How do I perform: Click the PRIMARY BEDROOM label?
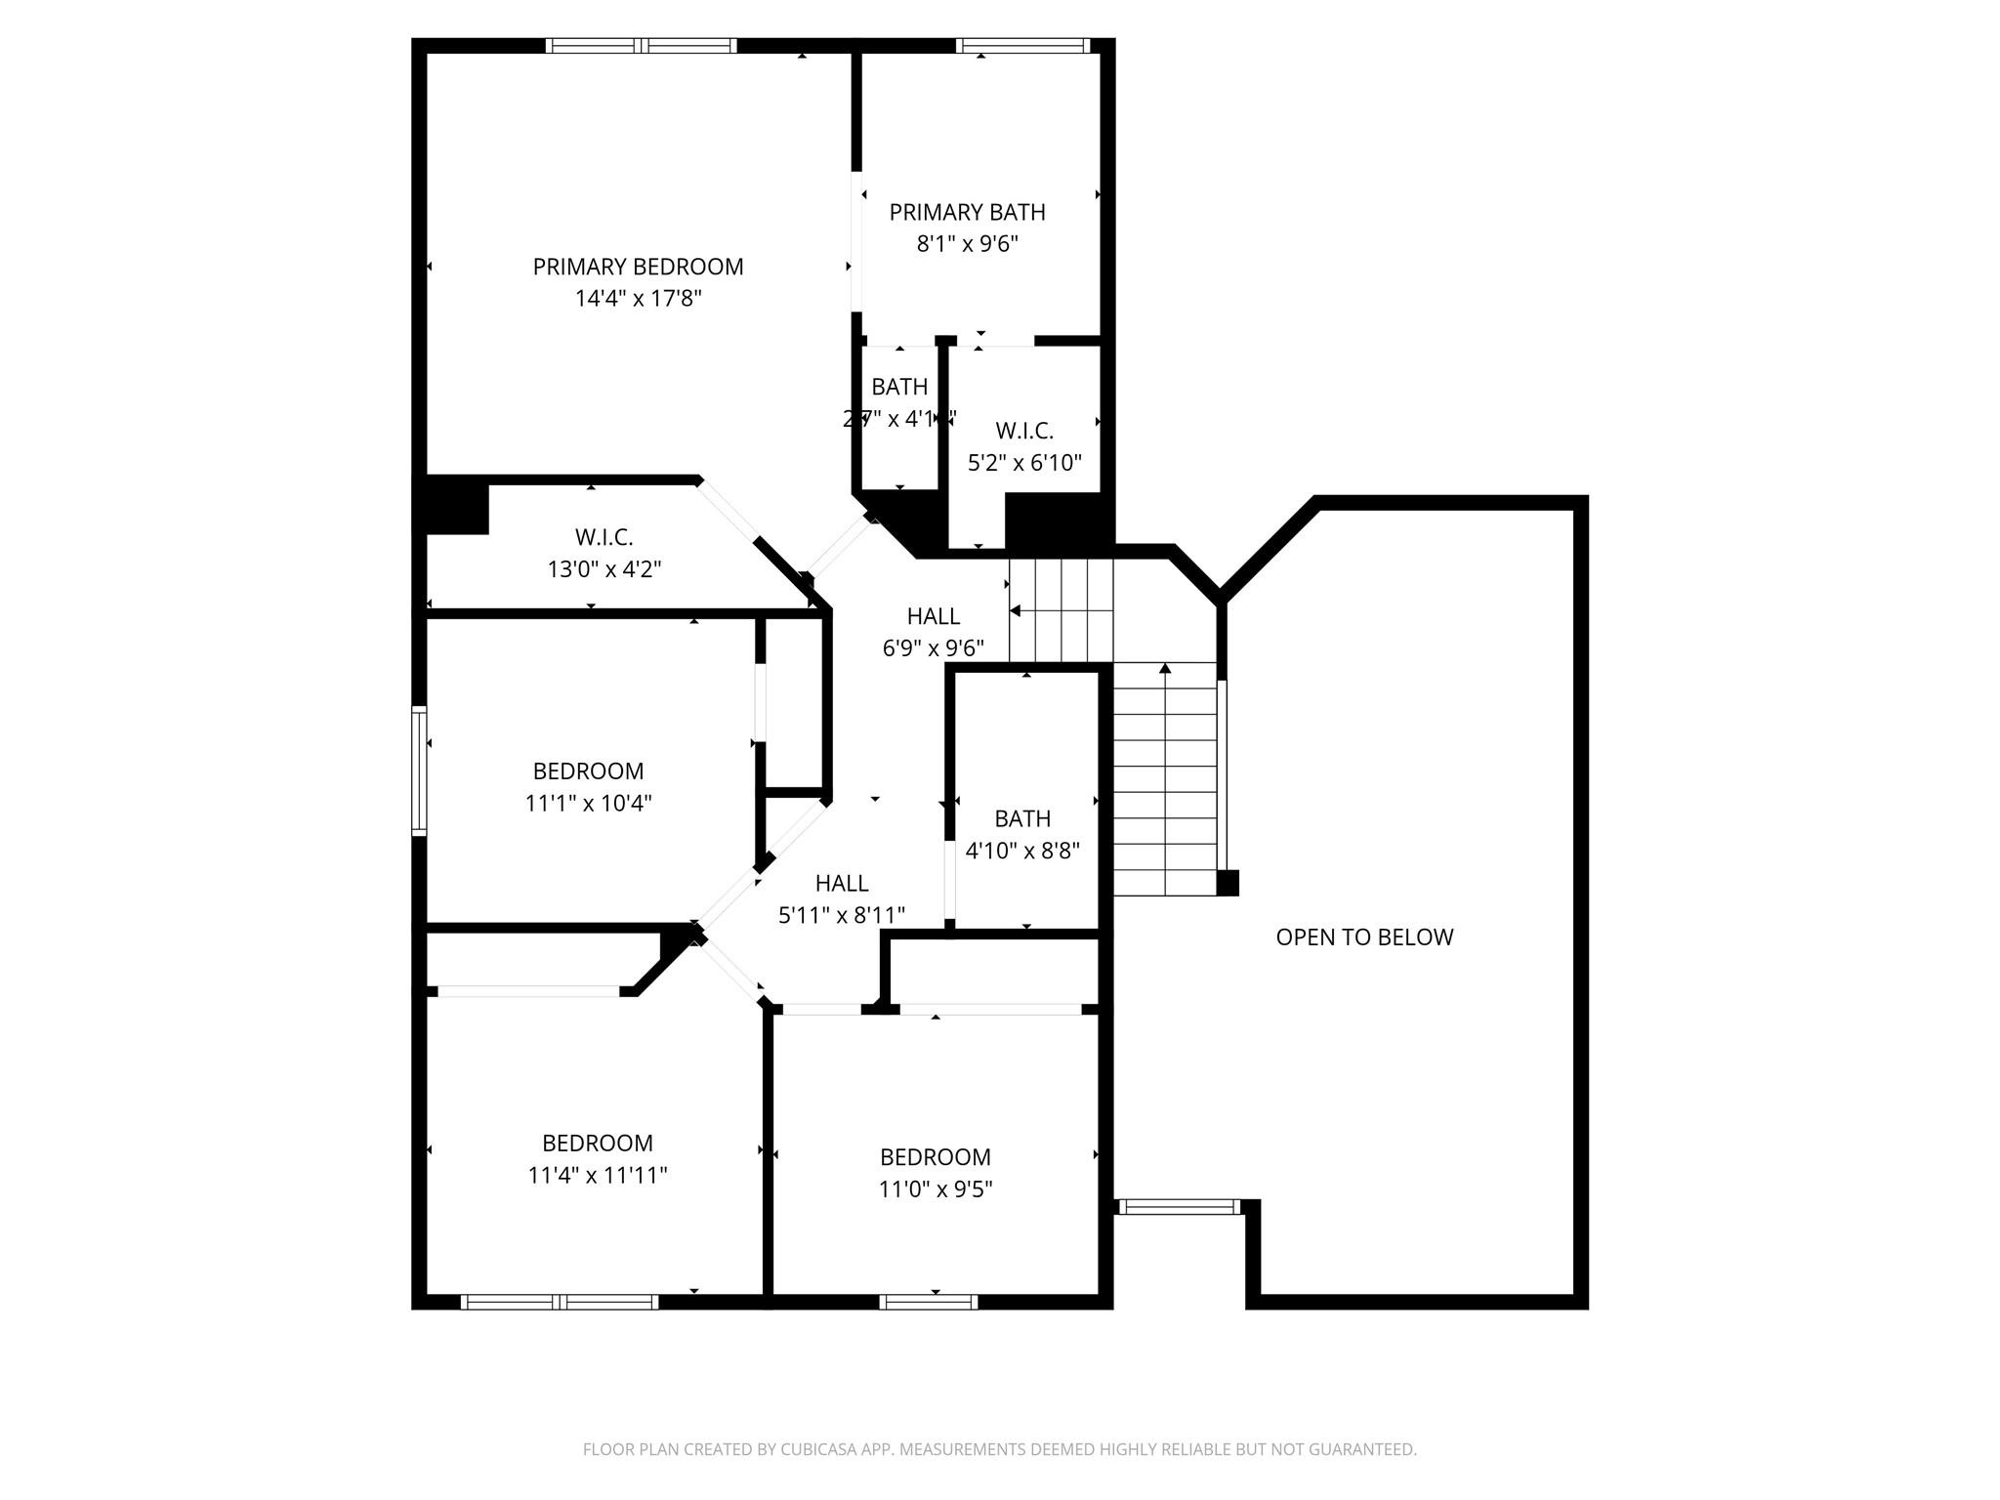coord(638,267)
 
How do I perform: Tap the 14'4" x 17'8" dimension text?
coord(638,299)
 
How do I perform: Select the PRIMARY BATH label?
coord(967,212)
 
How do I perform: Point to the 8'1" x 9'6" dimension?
coord(967,244)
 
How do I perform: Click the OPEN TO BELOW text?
coord(1364,937)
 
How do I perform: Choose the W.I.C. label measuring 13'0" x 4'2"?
coord(604,537)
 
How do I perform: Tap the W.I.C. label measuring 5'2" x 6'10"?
coord(1024,431)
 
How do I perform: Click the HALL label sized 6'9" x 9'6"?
coord(933,616)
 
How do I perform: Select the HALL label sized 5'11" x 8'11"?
coord(841,884)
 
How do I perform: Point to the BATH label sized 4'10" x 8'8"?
coord(1022,818)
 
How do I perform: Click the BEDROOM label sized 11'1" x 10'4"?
coord(588,771)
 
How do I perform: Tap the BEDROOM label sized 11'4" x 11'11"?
coord(598,1143)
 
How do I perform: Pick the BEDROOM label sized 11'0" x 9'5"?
coord(935,1157)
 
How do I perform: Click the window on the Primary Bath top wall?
coord(1022,45)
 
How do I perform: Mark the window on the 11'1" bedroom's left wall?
coord(419,771)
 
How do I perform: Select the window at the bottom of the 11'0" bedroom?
coord(928,1302)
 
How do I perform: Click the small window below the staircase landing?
coord(1179,1207)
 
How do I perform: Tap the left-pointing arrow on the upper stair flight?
coord(1016,611)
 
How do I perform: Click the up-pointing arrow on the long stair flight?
coord(1165,669)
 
